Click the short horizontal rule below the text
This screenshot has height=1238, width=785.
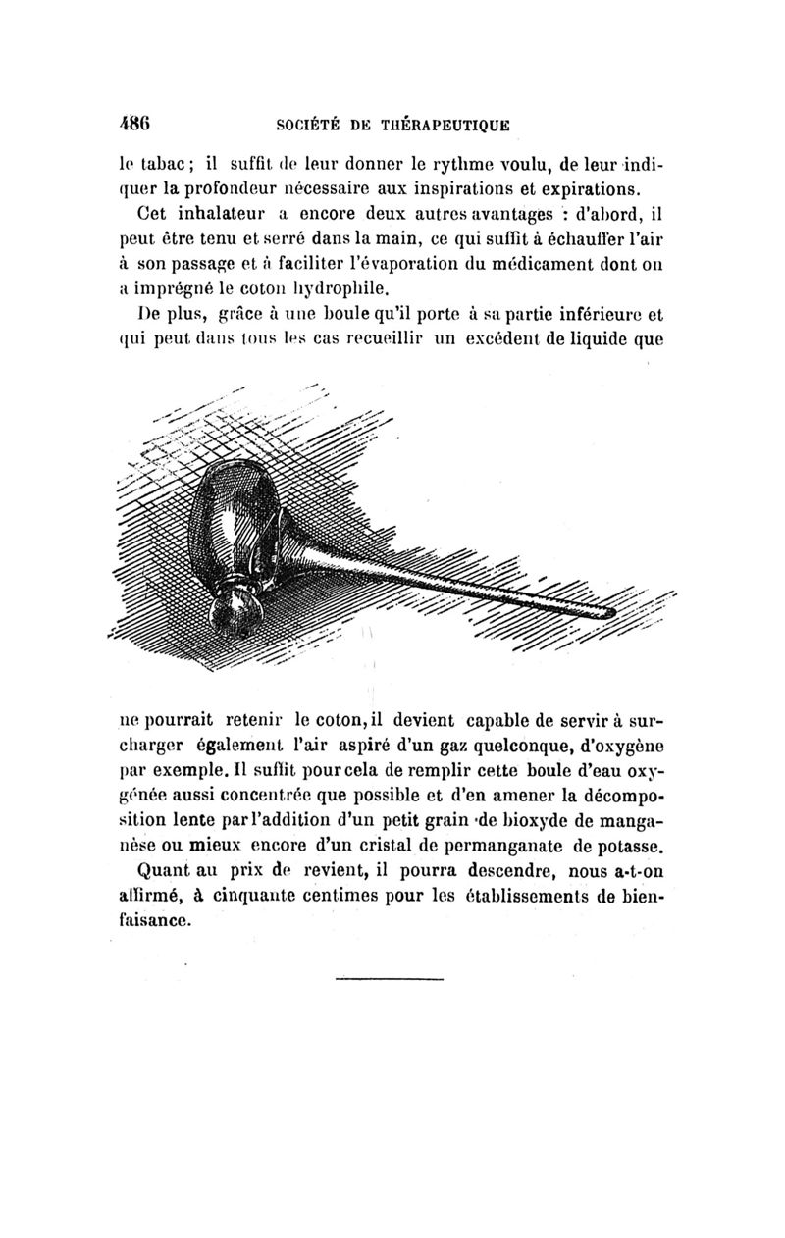point(389,978)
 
